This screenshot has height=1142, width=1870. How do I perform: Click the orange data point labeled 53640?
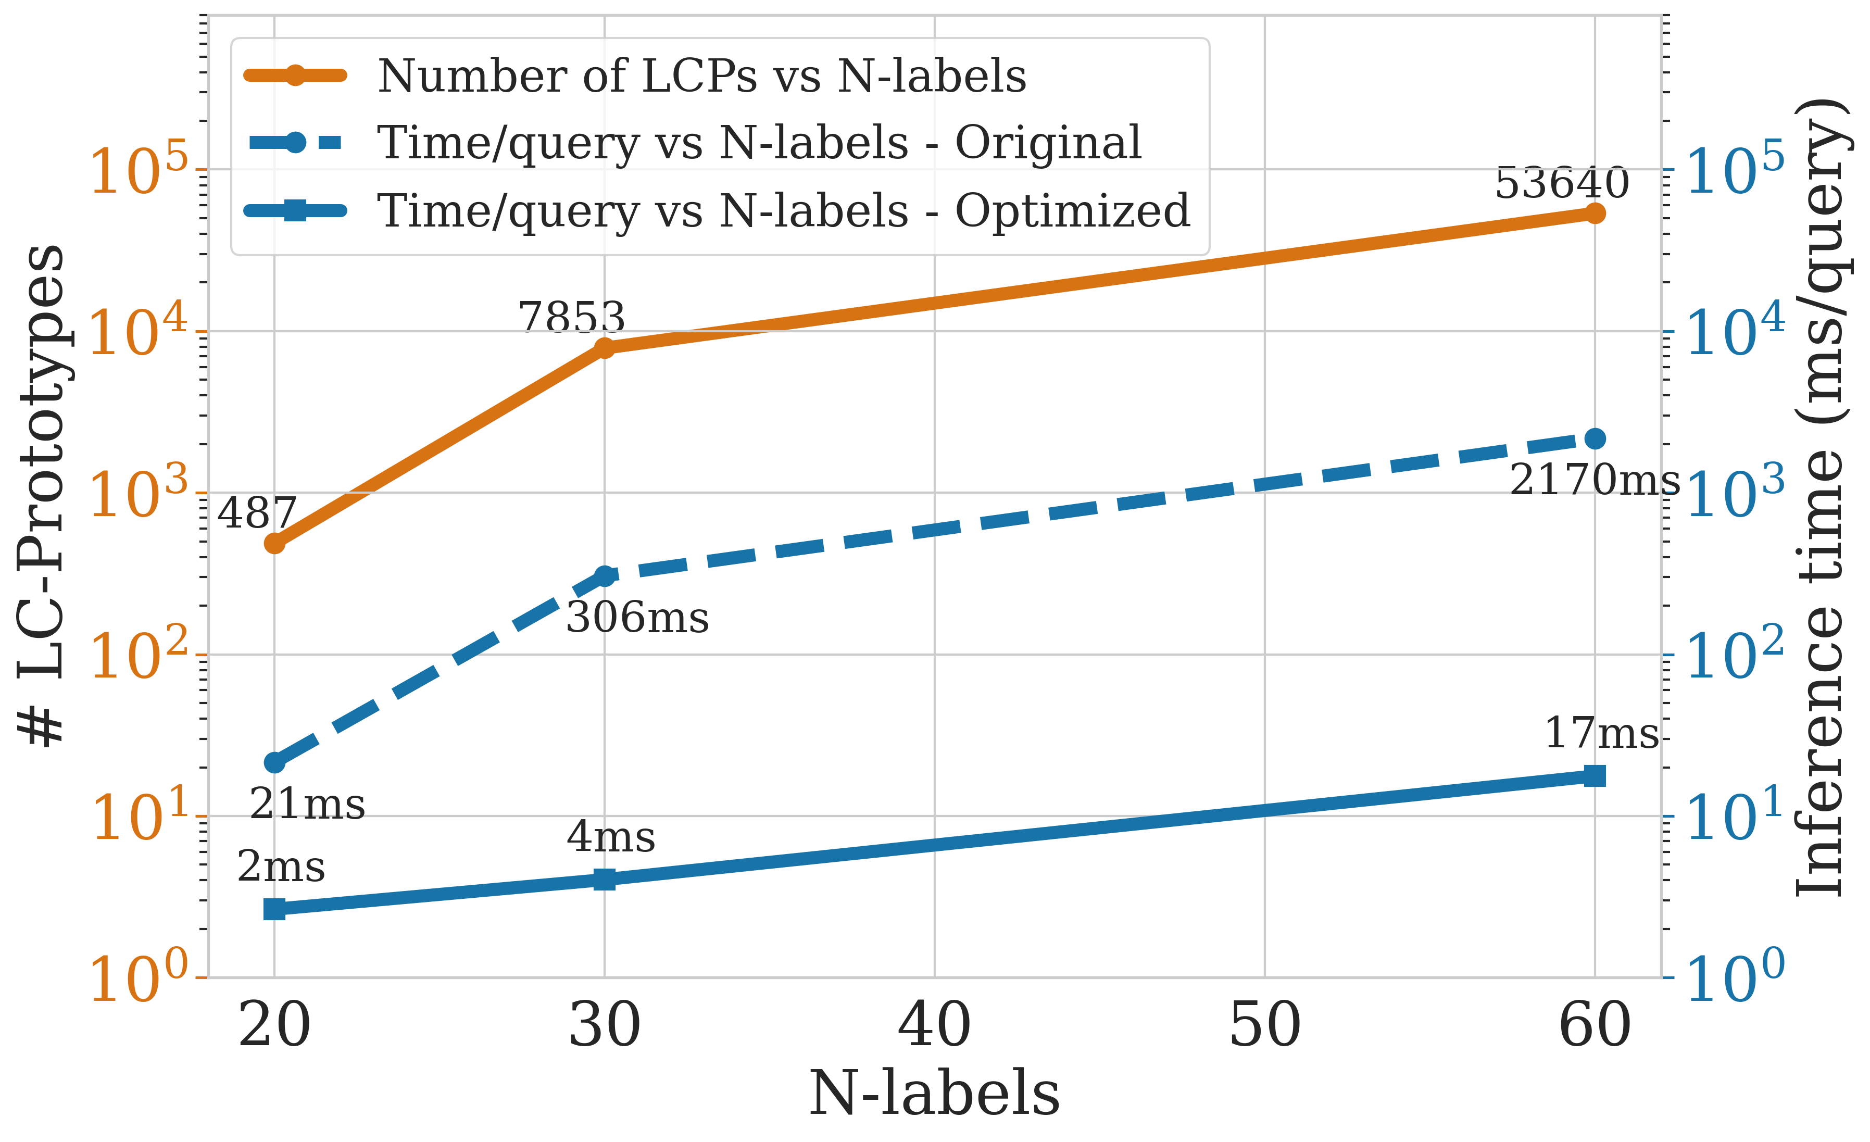1595,213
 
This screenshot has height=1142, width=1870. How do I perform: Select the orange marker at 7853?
604,347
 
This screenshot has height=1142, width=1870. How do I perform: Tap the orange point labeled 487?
275,543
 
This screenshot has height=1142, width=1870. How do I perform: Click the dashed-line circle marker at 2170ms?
1595,438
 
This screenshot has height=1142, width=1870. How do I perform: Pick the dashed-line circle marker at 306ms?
604,576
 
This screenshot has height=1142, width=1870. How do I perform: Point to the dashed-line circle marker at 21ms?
275,762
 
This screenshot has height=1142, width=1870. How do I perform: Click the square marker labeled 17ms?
1595,775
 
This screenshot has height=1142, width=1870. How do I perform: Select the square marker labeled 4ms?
604,880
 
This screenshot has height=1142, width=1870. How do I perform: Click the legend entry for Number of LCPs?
701,76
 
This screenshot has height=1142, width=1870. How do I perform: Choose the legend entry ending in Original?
759,143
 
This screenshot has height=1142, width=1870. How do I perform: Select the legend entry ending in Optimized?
783,210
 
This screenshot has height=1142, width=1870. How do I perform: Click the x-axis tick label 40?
934,1025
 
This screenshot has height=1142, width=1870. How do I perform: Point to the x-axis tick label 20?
275,1025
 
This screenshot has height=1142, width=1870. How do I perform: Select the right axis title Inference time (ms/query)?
1820,497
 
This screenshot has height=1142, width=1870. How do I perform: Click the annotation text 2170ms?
1595,480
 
